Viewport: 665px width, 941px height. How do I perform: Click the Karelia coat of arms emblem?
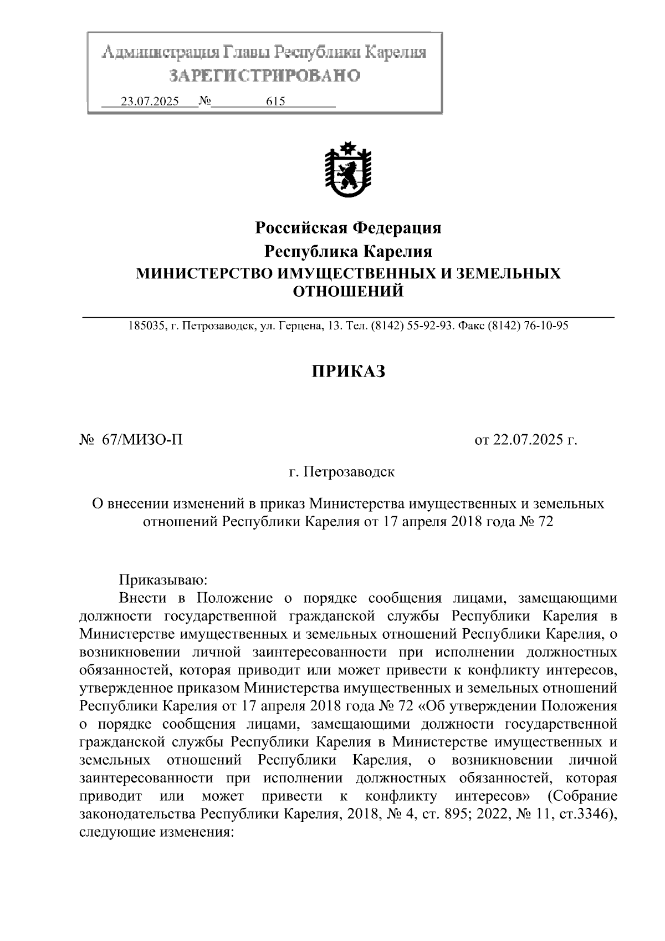(348, 170)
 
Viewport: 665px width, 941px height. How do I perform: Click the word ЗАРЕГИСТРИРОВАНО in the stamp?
(265, 75)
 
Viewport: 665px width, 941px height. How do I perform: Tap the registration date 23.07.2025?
(150, 101)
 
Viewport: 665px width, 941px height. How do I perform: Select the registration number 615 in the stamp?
(275, 101)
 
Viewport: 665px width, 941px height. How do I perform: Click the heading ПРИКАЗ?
(347, 372)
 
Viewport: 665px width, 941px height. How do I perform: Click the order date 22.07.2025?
(527, 441)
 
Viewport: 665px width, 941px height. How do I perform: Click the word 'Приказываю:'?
(163, 580)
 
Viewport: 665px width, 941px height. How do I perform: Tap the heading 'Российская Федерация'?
(348, 228)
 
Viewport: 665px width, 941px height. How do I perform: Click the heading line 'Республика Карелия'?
(348, 252)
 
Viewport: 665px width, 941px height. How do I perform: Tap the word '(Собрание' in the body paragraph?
(582, 797)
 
